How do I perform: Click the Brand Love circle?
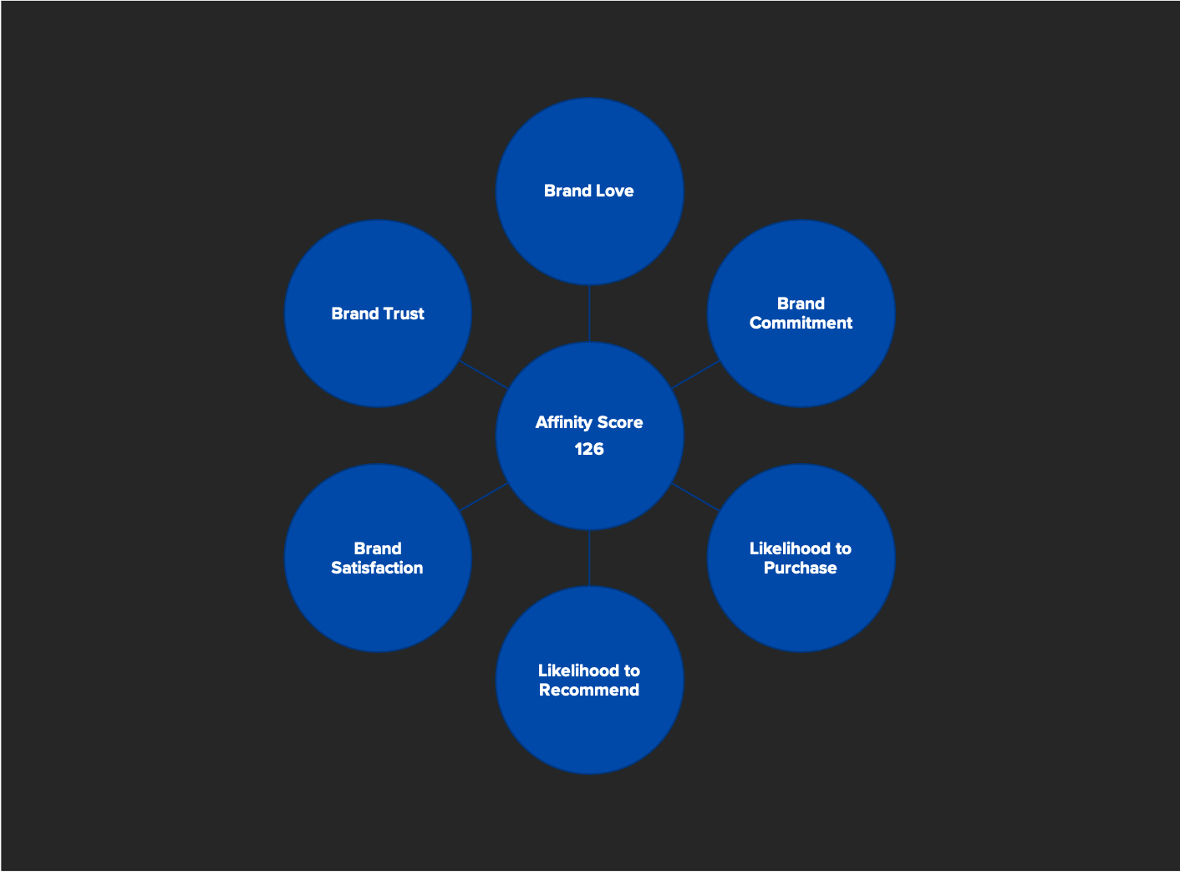(589, 191)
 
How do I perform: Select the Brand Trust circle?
(378, 314)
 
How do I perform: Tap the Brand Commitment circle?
(801, 314)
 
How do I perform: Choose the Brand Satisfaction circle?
(378, 558)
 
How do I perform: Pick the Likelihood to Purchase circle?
(801, 558)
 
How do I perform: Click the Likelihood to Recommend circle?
(589, 680)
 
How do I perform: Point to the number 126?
(589, 449)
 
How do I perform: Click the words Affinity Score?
(589, 422)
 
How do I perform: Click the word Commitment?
(801, 323)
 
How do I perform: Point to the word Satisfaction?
(377, 568)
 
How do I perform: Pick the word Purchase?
(800, 568)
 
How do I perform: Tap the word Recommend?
(589, 690)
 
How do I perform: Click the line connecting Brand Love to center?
(589, 314)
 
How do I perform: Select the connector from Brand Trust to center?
(484, 375)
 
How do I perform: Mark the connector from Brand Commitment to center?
(695, 375)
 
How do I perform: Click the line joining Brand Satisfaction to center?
(484, 497)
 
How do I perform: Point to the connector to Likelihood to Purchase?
(695, 497)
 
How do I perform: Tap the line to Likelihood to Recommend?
(589, 558)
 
